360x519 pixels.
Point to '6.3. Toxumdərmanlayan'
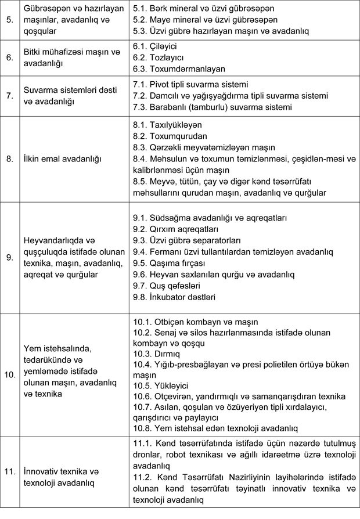179,69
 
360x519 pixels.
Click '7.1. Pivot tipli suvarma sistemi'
190,85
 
